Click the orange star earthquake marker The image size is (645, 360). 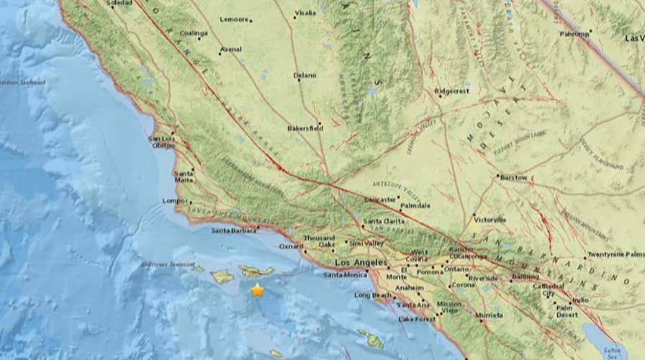[257, 290]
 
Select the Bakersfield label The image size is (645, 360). [305, 128]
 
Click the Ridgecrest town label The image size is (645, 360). [452, 91]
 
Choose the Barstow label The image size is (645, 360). [513, 177]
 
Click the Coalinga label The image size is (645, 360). [194, 33]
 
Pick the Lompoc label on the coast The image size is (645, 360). [176, 202]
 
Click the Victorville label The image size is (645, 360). [490, 219]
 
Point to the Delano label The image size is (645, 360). [305, 75]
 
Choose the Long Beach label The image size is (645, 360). [371, 295]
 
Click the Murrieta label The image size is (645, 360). [490, 315]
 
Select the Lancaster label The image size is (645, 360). [381, 199]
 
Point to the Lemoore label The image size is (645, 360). [235, 20]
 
